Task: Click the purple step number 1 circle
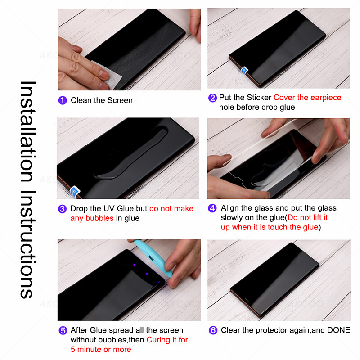tap(63, 100)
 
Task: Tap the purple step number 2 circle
tap(212, 98)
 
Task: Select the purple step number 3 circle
tap(63, 209)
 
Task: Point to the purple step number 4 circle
tap(212, 208)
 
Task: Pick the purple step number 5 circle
tap(63, 330)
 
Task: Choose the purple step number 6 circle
tap(213, 330)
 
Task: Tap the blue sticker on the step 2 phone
tap(244, 70)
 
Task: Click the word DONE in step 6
tap(338, 330)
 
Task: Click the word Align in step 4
tap(230, 208)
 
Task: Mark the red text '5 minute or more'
tap(101, 349)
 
